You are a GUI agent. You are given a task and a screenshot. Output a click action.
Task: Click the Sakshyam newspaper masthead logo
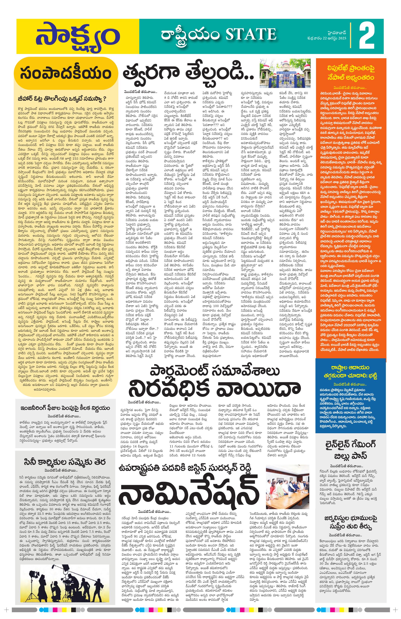[x=77, y=36]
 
